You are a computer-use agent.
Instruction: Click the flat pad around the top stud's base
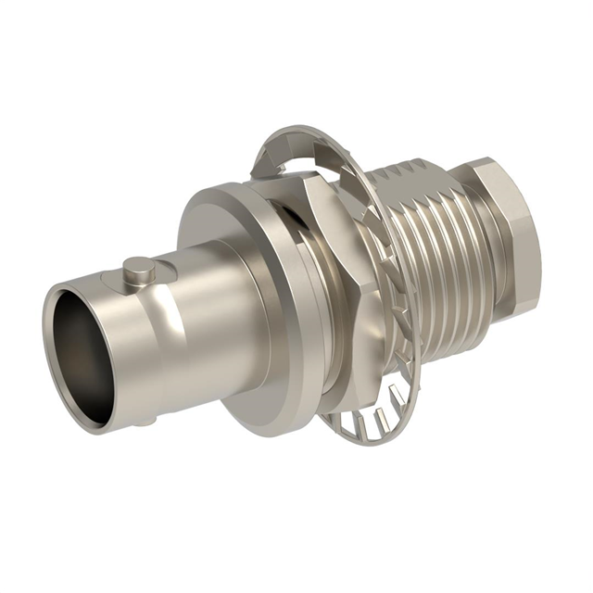tap(153, 277)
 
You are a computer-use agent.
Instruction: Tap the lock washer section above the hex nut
tap(287, 148)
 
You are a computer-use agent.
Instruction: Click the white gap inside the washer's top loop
tap(278, 167)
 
